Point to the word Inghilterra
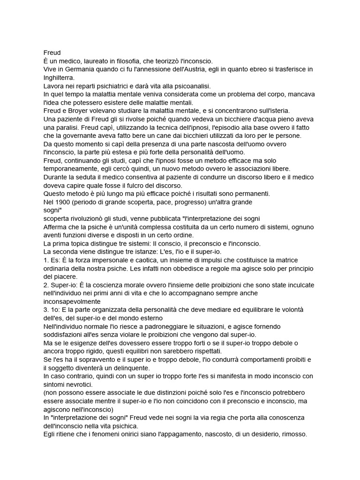pyautogui.click(x=59, y=78)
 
